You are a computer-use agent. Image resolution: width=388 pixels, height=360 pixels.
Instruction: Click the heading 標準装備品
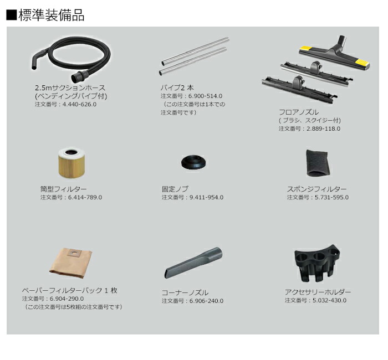pyautogui.click(x=51, y=16)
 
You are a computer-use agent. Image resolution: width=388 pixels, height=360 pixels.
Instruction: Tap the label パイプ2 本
pyautogui.click(x=177, y=88)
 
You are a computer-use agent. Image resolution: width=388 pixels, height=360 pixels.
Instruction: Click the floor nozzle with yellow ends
pyautogui.click(x=335, y=53)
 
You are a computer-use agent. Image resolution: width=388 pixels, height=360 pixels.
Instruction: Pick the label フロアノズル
pyautogui.click(x=299, y=112)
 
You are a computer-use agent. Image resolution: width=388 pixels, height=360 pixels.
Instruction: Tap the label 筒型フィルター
pyautogui.click(x=63, y=189)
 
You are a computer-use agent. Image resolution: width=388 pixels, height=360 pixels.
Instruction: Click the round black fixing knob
pyautogui.click(x=193, y=162)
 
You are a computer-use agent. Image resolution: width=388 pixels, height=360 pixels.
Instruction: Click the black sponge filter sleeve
pyautogui.click(x=318, y=163)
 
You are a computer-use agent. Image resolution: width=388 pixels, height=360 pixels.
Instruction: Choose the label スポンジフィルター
pyautogui.click(x=316, y=189)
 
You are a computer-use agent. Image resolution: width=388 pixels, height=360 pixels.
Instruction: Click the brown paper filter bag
pyautogui.click(x=71, y=263)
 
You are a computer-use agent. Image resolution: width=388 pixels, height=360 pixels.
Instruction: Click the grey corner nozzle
pyautogui.click(x=193, y=263)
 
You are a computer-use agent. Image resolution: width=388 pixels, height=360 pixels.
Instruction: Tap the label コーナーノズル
pyautogui.click(x=185, y=293)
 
